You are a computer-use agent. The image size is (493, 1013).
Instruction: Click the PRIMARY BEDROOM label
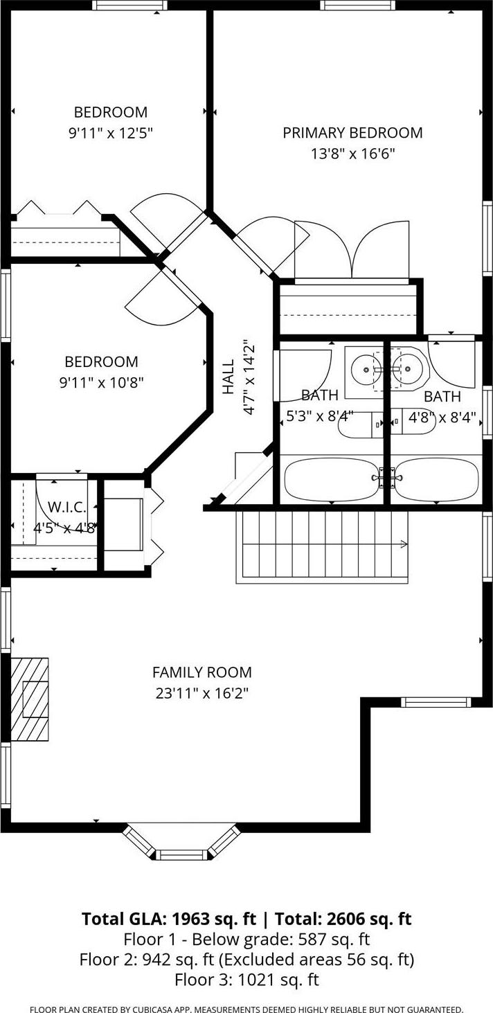click(x=352, y=132)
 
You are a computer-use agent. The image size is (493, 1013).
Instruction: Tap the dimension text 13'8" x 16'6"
click(x=352, y=153)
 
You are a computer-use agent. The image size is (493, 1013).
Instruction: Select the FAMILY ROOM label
click(x=201, y=672)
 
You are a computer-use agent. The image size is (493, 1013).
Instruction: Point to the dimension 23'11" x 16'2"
click(x=201, y=692)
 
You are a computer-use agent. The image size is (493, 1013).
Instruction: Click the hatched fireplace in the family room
click(x=30, y=699)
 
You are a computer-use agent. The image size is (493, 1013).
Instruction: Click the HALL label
click(x=228, y=377)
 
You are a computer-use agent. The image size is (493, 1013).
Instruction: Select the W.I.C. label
click(x=64, y=508)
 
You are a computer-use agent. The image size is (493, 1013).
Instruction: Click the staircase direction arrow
click(x=402, y=545)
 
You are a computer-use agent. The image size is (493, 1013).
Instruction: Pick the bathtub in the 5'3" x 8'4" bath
click(x=332, y=479)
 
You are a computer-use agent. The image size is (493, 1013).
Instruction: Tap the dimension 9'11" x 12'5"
click(x=110, y=132)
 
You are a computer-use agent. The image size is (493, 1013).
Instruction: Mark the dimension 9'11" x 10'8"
click(x=101, y=382)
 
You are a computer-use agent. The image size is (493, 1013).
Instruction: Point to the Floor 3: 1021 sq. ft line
click(x=246, y=980)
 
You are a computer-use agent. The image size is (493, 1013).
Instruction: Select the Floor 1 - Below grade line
click(x=246, y=940)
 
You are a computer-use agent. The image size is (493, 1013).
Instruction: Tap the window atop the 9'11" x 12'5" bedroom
click(x=129, y=6)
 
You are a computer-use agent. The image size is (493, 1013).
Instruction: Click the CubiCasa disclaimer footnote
click(x=246, y=1009)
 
